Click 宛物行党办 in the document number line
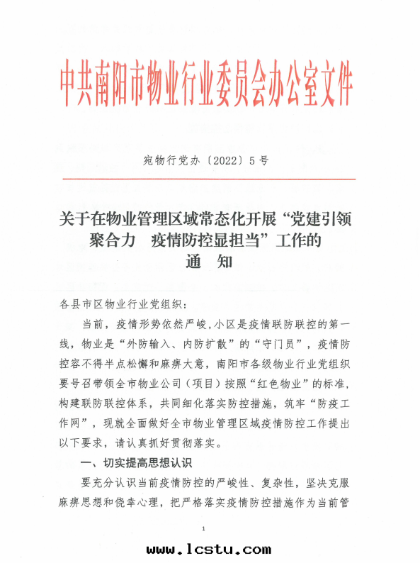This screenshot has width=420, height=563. pos(166,161)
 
